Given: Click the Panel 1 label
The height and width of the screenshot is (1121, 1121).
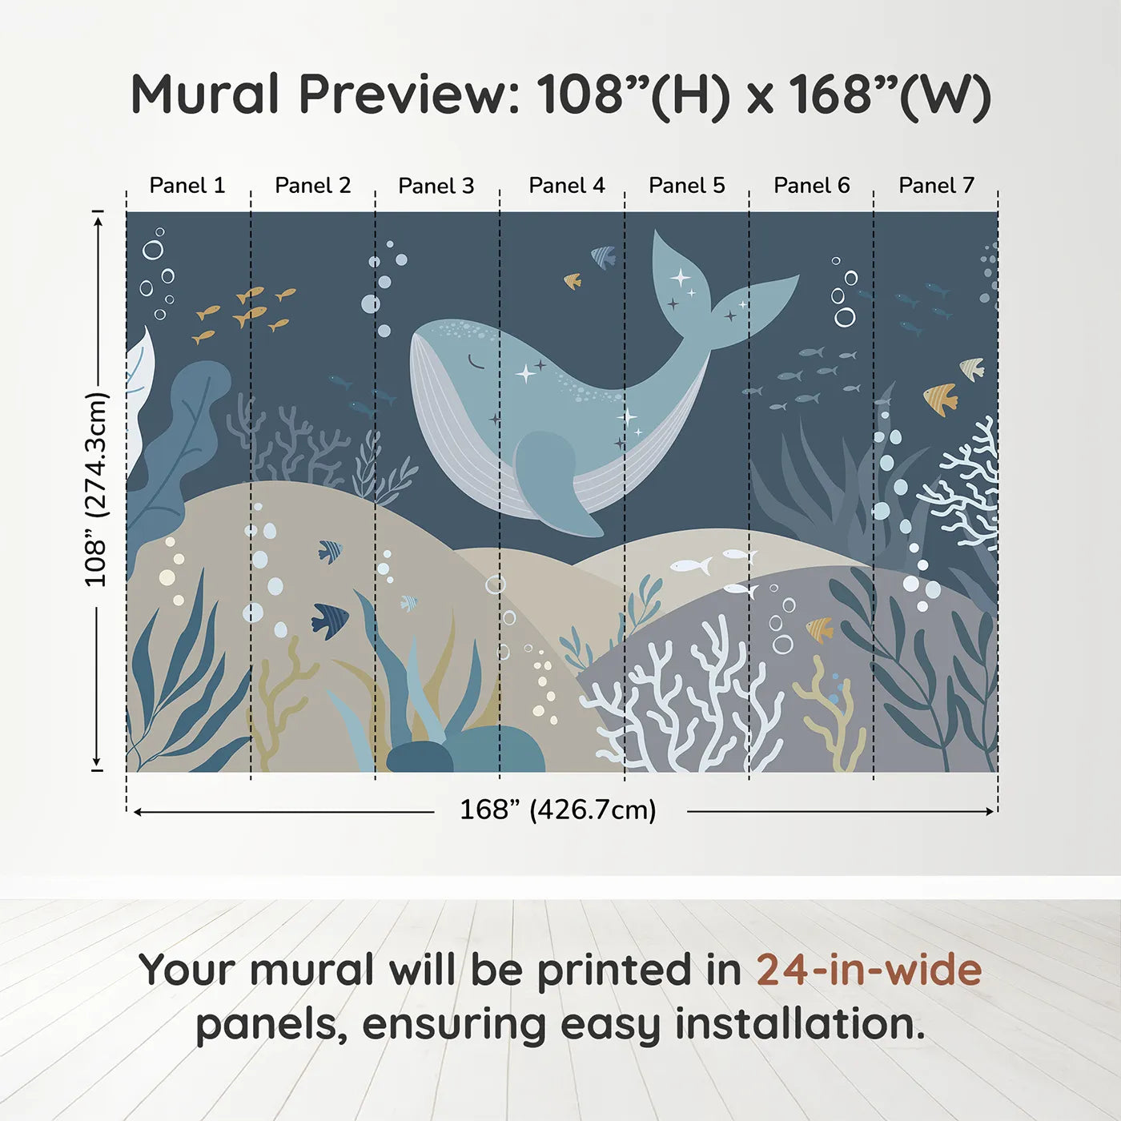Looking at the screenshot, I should point(187,186).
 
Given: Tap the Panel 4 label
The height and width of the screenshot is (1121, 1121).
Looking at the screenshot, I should point(567,186).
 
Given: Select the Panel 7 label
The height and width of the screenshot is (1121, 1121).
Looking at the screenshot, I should point(936,186).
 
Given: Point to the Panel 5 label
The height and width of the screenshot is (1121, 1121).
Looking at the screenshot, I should point(687,186).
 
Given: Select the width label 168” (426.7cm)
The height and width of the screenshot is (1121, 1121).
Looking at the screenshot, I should point(558,810).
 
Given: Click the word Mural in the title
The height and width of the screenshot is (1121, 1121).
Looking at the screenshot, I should point(205,94).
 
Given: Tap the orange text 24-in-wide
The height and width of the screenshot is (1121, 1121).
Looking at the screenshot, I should point(869,970).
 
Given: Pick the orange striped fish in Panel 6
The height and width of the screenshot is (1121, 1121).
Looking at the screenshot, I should point(820,629).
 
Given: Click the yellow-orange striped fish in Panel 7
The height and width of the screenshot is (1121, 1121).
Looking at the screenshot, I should point(940,398).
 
